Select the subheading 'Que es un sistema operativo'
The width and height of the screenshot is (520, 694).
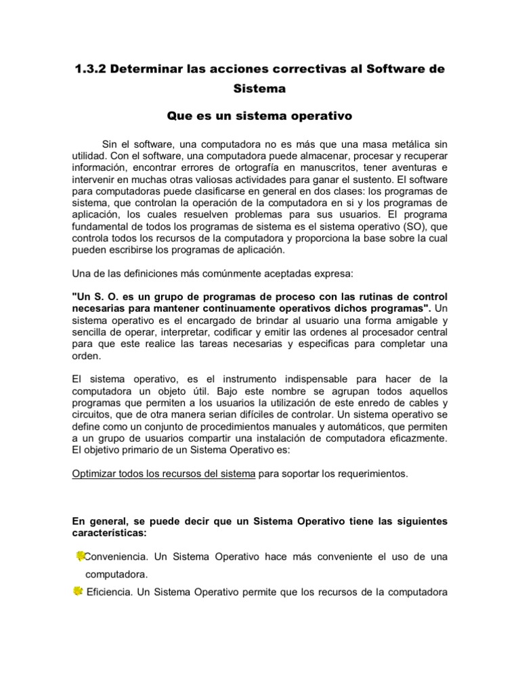pos(259,116)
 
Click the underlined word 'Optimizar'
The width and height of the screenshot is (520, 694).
pos(95,473)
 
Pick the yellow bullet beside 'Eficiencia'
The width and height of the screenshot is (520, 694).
pos(77,592)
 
